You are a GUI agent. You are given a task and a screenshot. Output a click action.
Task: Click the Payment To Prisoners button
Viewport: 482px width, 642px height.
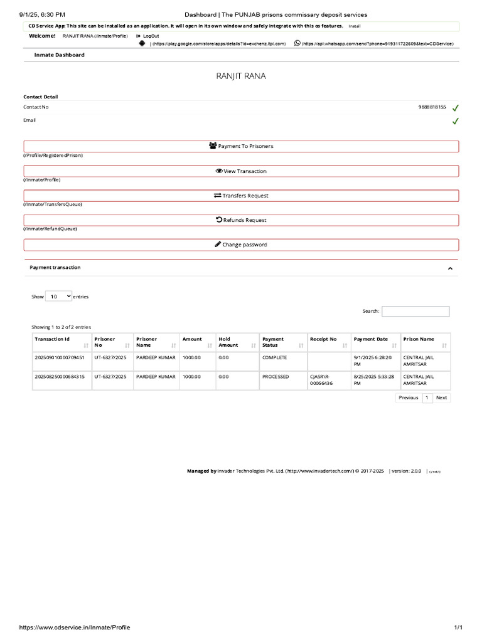pyautogui.click(x=241, y=146)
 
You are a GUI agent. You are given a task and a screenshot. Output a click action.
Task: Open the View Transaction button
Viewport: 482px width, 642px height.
pyautogui.click(x=241, y=171)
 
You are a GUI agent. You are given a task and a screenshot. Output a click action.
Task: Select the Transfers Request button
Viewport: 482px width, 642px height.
pyautogui.click(x=241, y=196)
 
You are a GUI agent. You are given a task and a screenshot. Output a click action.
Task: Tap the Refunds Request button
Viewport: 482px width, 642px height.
pyautogui.click(x=241, y=220)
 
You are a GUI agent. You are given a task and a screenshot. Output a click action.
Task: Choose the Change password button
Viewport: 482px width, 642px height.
pyautogui.click(x=241, y=245)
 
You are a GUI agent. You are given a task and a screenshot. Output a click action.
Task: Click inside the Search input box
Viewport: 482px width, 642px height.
pyautogui.click(x=415, y=311)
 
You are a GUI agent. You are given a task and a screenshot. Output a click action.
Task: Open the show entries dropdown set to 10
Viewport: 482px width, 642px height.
pyautogui.click(x=58, y=297)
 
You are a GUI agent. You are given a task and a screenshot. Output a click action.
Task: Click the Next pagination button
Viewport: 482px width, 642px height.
pyautogui.click(x=442, y=397)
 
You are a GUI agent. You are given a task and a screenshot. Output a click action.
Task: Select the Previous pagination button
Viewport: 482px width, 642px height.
pyautogui.click(x=409, y=397)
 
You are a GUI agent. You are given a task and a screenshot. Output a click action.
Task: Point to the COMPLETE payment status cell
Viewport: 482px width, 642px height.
pyautogui.click(x=275, y=357)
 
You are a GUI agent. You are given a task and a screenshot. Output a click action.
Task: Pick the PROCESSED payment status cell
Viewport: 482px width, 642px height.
pyautogui.click(x=276, y=377)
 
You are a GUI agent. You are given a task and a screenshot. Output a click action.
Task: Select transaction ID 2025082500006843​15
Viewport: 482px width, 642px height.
pyautogui.click(x=60, y=377)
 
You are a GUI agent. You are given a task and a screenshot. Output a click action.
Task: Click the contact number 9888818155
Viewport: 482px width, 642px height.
pyautogui.click(x=432, y=107)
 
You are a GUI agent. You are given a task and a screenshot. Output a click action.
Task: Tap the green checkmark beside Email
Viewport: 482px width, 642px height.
pyautogui.click(x=455, y=121)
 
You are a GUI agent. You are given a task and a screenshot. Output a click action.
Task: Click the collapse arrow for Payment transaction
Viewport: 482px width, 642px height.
pyautogui.click(x=450, y=268)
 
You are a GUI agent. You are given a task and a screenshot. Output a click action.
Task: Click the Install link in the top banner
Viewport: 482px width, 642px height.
pyautogui.click(x=355, y=26)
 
